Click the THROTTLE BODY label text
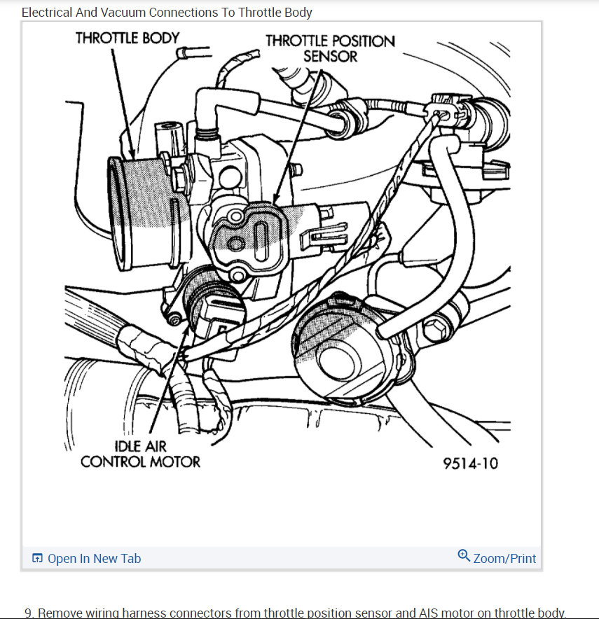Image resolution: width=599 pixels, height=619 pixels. click(x=128, y=39)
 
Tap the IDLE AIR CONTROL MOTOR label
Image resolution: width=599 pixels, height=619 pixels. click(x=140, y=454)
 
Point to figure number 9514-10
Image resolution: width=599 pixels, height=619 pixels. click(x=470, y=463)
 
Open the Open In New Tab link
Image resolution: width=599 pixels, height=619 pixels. click(x=94, y=558)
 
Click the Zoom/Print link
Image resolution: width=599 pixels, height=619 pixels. click(x=504, y=558)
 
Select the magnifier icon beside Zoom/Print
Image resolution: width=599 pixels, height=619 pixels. click(x=464, y=556)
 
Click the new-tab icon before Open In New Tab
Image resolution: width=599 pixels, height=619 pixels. click(x=38, y=558)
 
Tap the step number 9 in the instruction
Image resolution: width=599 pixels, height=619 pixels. click(x=28, y=613)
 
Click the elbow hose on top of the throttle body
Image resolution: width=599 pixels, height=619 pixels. click(x=210, y=112)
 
